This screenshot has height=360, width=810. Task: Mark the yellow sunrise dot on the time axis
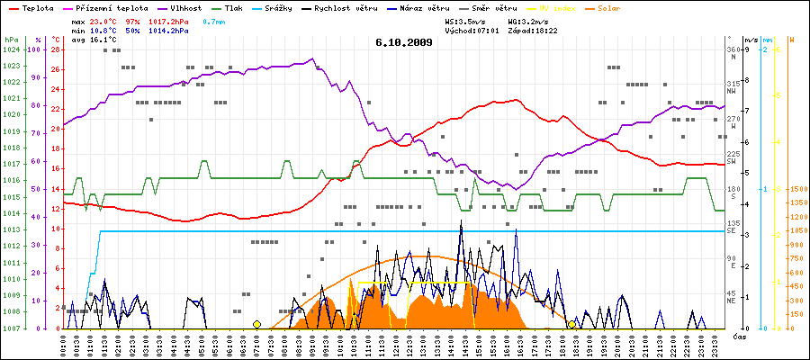click(256, 324)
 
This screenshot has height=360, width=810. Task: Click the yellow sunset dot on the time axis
click(571, 324)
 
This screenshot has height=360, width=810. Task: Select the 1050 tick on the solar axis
click(796, 230)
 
